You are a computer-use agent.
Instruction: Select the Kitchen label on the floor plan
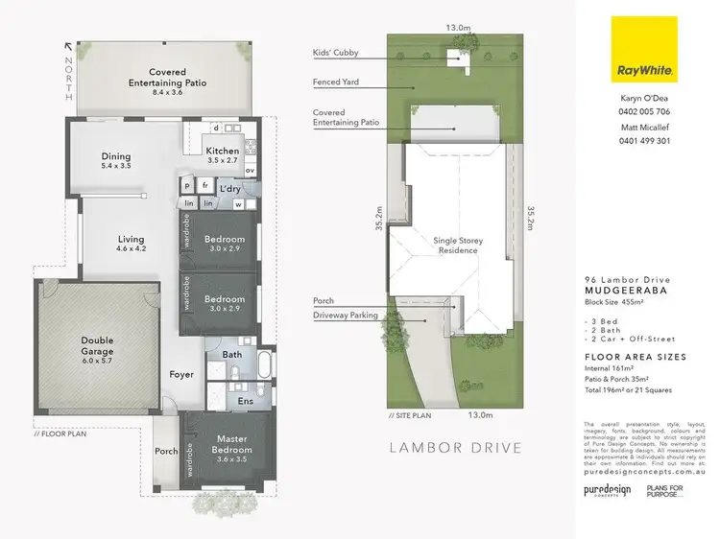pyautogui.click(x=223, y=151)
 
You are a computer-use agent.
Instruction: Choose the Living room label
pyautogui.click(x=131, y=239)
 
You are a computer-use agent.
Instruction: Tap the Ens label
pyautogui.click(x=245, y=401)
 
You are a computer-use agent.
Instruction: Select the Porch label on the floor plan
pyautogui.click(x=165, y=451)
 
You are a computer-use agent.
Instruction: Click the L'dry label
pyautogui.click(x=230, y=189)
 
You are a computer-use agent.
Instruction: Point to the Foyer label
pyautogui.click(x=182, y=375)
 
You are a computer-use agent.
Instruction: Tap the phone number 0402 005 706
pyautogui.click(x=644, y=112)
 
